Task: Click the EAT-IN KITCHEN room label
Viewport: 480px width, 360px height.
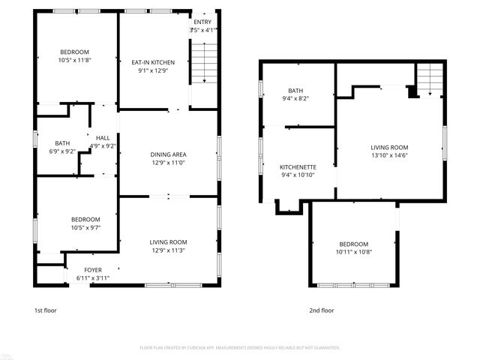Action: tap(153, 62)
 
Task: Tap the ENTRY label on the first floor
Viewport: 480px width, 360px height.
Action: tap(202, 22)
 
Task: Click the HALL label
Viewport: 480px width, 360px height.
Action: tap(103, 137)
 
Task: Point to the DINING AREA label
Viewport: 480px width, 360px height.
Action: tap(168, 154)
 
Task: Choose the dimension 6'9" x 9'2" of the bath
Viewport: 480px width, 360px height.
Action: tap(62, 151)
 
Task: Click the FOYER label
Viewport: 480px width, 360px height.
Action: tap(93, 270)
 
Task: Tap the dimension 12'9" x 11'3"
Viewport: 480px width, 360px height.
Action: tap(168, 250)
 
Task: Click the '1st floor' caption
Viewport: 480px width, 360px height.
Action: tap(45, 310)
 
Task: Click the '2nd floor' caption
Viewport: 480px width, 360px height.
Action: tap(321, 310)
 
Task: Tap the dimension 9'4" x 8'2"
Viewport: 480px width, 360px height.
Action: tap(295, 98)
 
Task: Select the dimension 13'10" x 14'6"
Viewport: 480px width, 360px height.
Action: tap(389, 156)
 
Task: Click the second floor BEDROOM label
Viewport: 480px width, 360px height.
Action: tap(353, 244)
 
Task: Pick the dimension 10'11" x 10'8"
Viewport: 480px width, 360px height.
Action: tap(353, 253)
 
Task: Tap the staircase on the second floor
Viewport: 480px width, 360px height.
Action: tap(430, 78)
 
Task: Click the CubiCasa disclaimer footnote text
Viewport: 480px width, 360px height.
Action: tap(240, 348)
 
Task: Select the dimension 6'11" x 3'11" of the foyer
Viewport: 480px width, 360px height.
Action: tap(93, 278)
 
